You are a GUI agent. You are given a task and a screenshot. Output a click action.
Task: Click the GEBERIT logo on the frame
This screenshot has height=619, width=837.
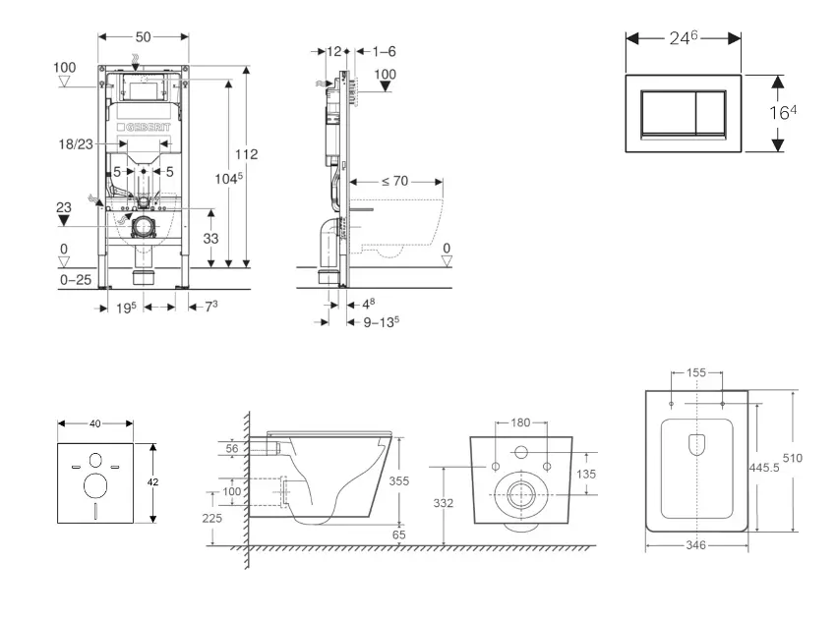click(144, 129)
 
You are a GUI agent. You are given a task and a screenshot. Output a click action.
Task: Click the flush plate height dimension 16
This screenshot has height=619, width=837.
click(781, 112)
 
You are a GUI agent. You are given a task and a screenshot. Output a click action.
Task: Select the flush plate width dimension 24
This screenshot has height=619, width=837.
click(684, 37)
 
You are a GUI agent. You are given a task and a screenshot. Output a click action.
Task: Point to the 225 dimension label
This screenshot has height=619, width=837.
click(226, 518)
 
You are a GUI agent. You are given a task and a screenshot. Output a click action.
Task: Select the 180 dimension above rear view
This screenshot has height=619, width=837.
click(519, 423)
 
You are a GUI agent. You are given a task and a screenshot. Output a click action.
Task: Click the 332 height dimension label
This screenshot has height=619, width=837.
click(444, 503)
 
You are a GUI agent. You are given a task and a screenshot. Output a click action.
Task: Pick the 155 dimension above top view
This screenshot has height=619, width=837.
click(696, 373)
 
